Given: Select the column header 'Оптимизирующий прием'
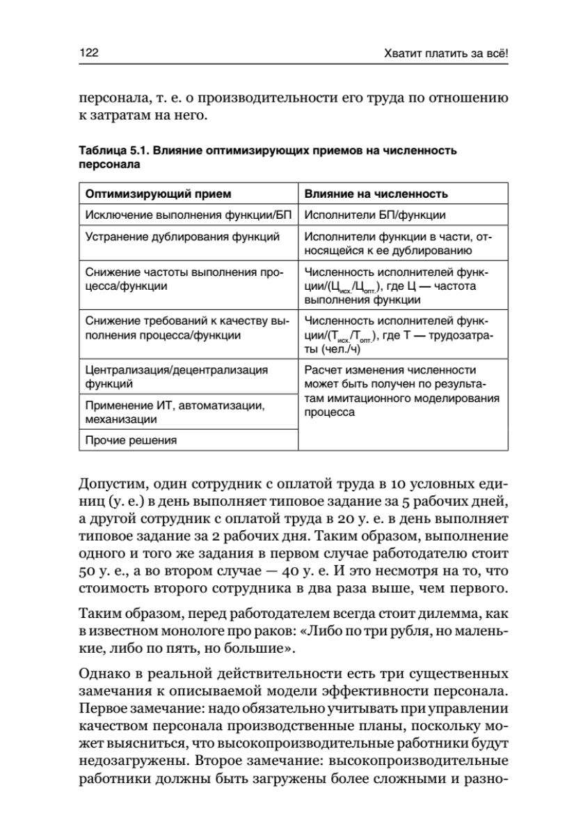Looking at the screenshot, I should tap(158, 193).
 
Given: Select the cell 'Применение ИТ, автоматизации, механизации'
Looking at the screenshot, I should tap(174, 412).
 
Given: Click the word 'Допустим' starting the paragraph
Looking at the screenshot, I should tap(107, 484).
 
